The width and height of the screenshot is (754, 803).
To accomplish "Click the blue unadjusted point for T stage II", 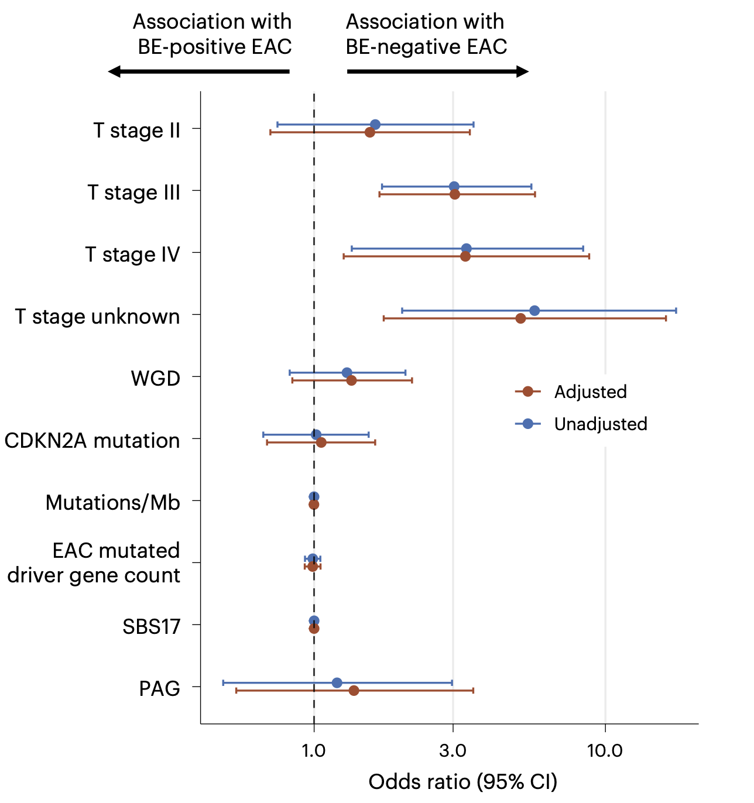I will coord(375,125).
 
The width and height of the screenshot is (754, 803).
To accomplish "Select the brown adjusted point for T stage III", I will coord(455,194).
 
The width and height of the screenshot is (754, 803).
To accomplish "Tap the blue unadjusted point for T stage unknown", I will coord(534,310).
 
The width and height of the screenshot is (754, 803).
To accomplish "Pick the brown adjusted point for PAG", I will coord(354,691).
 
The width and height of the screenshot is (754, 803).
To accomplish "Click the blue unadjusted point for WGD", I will coord(347,373).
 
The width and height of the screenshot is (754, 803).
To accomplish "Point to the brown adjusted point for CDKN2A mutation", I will coord(321,442).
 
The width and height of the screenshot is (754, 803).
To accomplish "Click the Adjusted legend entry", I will coord(590,392).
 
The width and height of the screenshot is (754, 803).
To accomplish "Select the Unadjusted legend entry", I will coord(600,424).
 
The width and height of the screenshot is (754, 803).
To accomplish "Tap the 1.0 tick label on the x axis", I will coord(314,751).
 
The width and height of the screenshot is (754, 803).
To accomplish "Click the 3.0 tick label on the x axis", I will coord(453,751).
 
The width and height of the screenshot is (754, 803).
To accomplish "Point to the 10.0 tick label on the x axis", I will coord(605,751).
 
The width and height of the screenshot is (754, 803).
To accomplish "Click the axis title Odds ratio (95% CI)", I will coord(462,782).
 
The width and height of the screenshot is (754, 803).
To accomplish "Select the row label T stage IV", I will coord(132,255).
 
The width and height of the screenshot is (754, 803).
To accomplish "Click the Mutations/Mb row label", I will coord(113,503).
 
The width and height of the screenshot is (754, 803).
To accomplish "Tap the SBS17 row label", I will coord(151,627).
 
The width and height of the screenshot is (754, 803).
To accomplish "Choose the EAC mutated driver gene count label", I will coord(94,563).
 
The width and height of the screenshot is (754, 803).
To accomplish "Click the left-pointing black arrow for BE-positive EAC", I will coord(198,71).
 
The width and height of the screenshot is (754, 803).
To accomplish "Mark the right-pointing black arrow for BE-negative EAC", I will coord(438,71).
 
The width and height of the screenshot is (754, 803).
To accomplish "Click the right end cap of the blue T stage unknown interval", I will coord(676,310).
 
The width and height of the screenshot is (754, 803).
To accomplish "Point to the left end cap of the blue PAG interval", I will coord(223,682).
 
